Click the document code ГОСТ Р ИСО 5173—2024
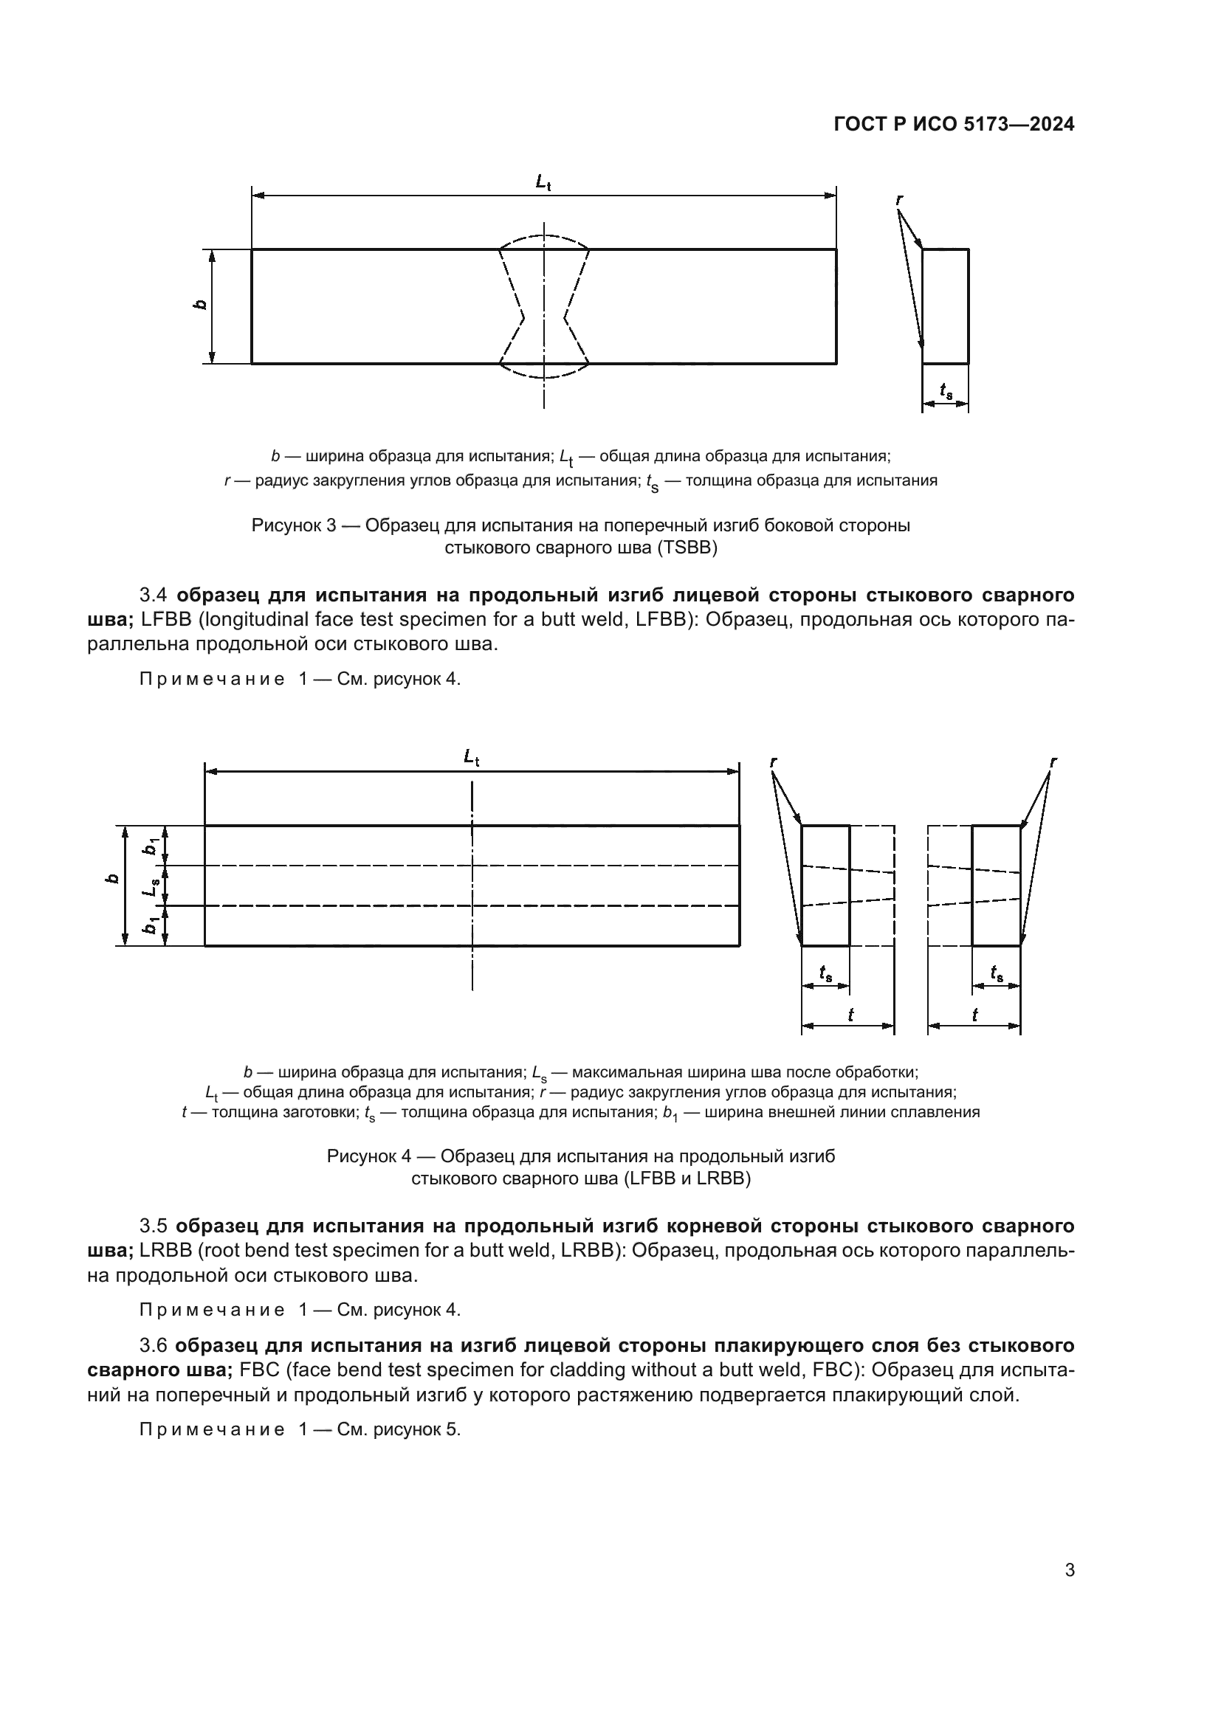[x=953, y=125]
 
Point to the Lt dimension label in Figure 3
[x=543, y=182]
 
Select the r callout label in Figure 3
[x=899, y=199]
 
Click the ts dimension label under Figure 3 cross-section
[x=946, y=390]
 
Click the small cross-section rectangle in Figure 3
[x=945, y=306]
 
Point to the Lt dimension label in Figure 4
[x=472, y=756]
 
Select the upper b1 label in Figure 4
[x=151, y=846]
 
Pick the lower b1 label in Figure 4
[x=151, y=926]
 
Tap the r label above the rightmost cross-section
[x=1053, y=762]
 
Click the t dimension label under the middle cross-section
[x=850, y=1015]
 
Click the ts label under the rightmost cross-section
[x=997, y=973]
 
